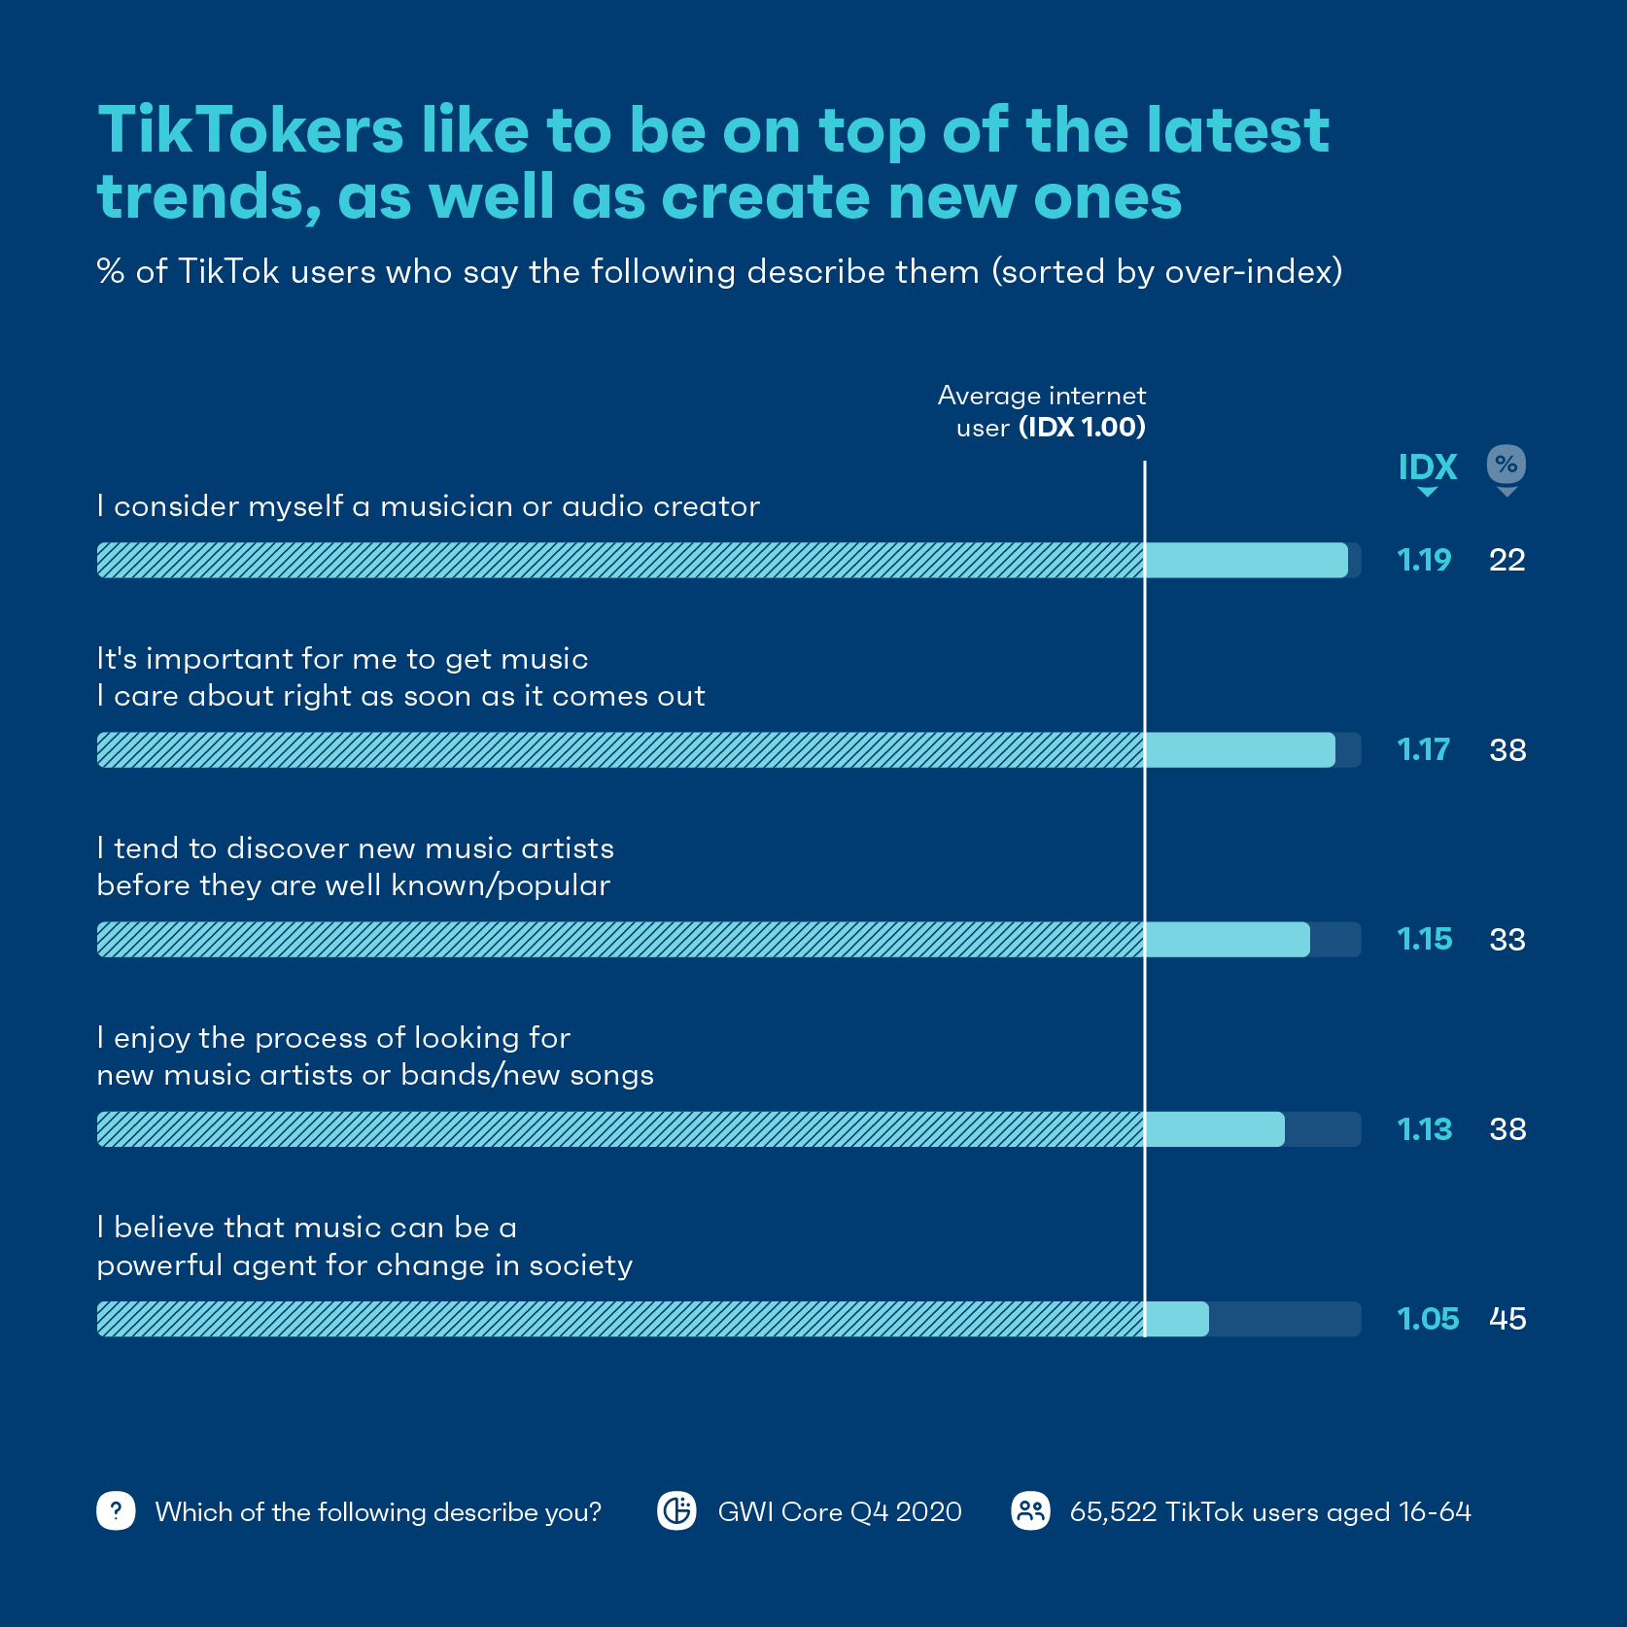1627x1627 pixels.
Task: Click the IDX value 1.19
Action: (x=1424, y=560)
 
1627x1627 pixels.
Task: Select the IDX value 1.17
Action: (x=1423, y=749)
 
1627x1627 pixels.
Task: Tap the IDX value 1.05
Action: (x=1427, y=1319)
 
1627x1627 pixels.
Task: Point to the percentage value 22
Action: (x=1507, y=560)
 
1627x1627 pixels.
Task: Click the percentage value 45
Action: (x=1507, y=1319)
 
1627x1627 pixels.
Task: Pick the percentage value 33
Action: (x=1507, y=940)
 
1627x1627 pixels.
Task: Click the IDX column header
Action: (x=1427, y=467)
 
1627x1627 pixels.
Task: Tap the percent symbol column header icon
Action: (x=1506, y=465)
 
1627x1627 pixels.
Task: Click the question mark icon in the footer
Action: (x=116, y=1511)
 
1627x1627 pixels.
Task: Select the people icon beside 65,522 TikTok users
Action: (x=1030, y=1511)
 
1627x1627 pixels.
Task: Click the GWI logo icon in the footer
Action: (x=676, y=1511)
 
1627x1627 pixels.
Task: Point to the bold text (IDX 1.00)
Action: (x=1082, y=428)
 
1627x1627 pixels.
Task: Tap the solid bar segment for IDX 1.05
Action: (x=1177, y=1319)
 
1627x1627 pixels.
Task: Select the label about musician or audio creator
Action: (x=428, y=506)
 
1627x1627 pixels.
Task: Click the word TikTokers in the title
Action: (x=251, y=130)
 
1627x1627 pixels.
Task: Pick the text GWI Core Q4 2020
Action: (x=840, y=1512)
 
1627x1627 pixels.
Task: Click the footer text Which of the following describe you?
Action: (x=378, y=1512)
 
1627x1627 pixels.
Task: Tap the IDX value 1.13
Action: (x=1424, y=1129)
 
